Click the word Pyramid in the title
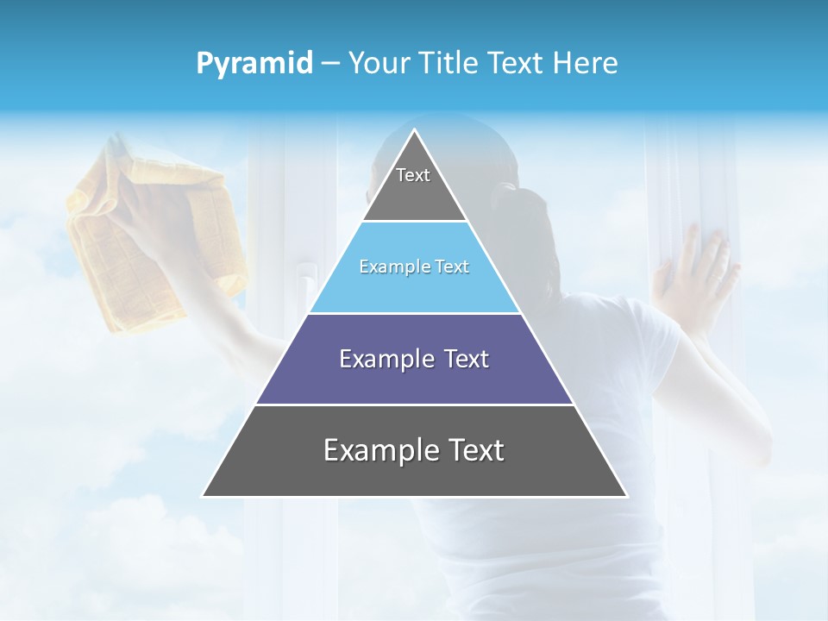coord(254,64)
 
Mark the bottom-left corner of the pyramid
coord(204,496)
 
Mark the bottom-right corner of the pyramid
coord(625,496)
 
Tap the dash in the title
coord(330,64)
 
